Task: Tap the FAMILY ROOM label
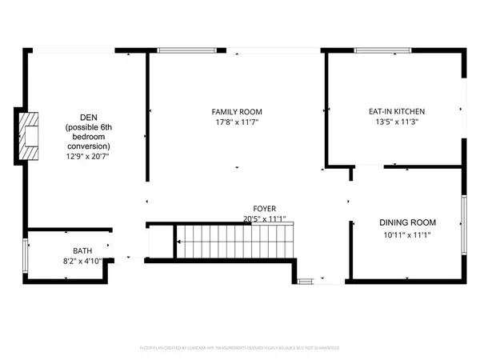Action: pos(237,111)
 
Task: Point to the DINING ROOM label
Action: pos(407,222)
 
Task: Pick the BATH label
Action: pos(82,250)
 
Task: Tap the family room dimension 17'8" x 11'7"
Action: pos(237,122)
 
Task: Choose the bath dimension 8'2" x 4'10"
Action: pos(82,261)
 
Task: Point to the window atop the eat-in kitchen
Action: pos(380,51)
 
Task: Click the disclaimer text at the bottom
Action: pos(240,348)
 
